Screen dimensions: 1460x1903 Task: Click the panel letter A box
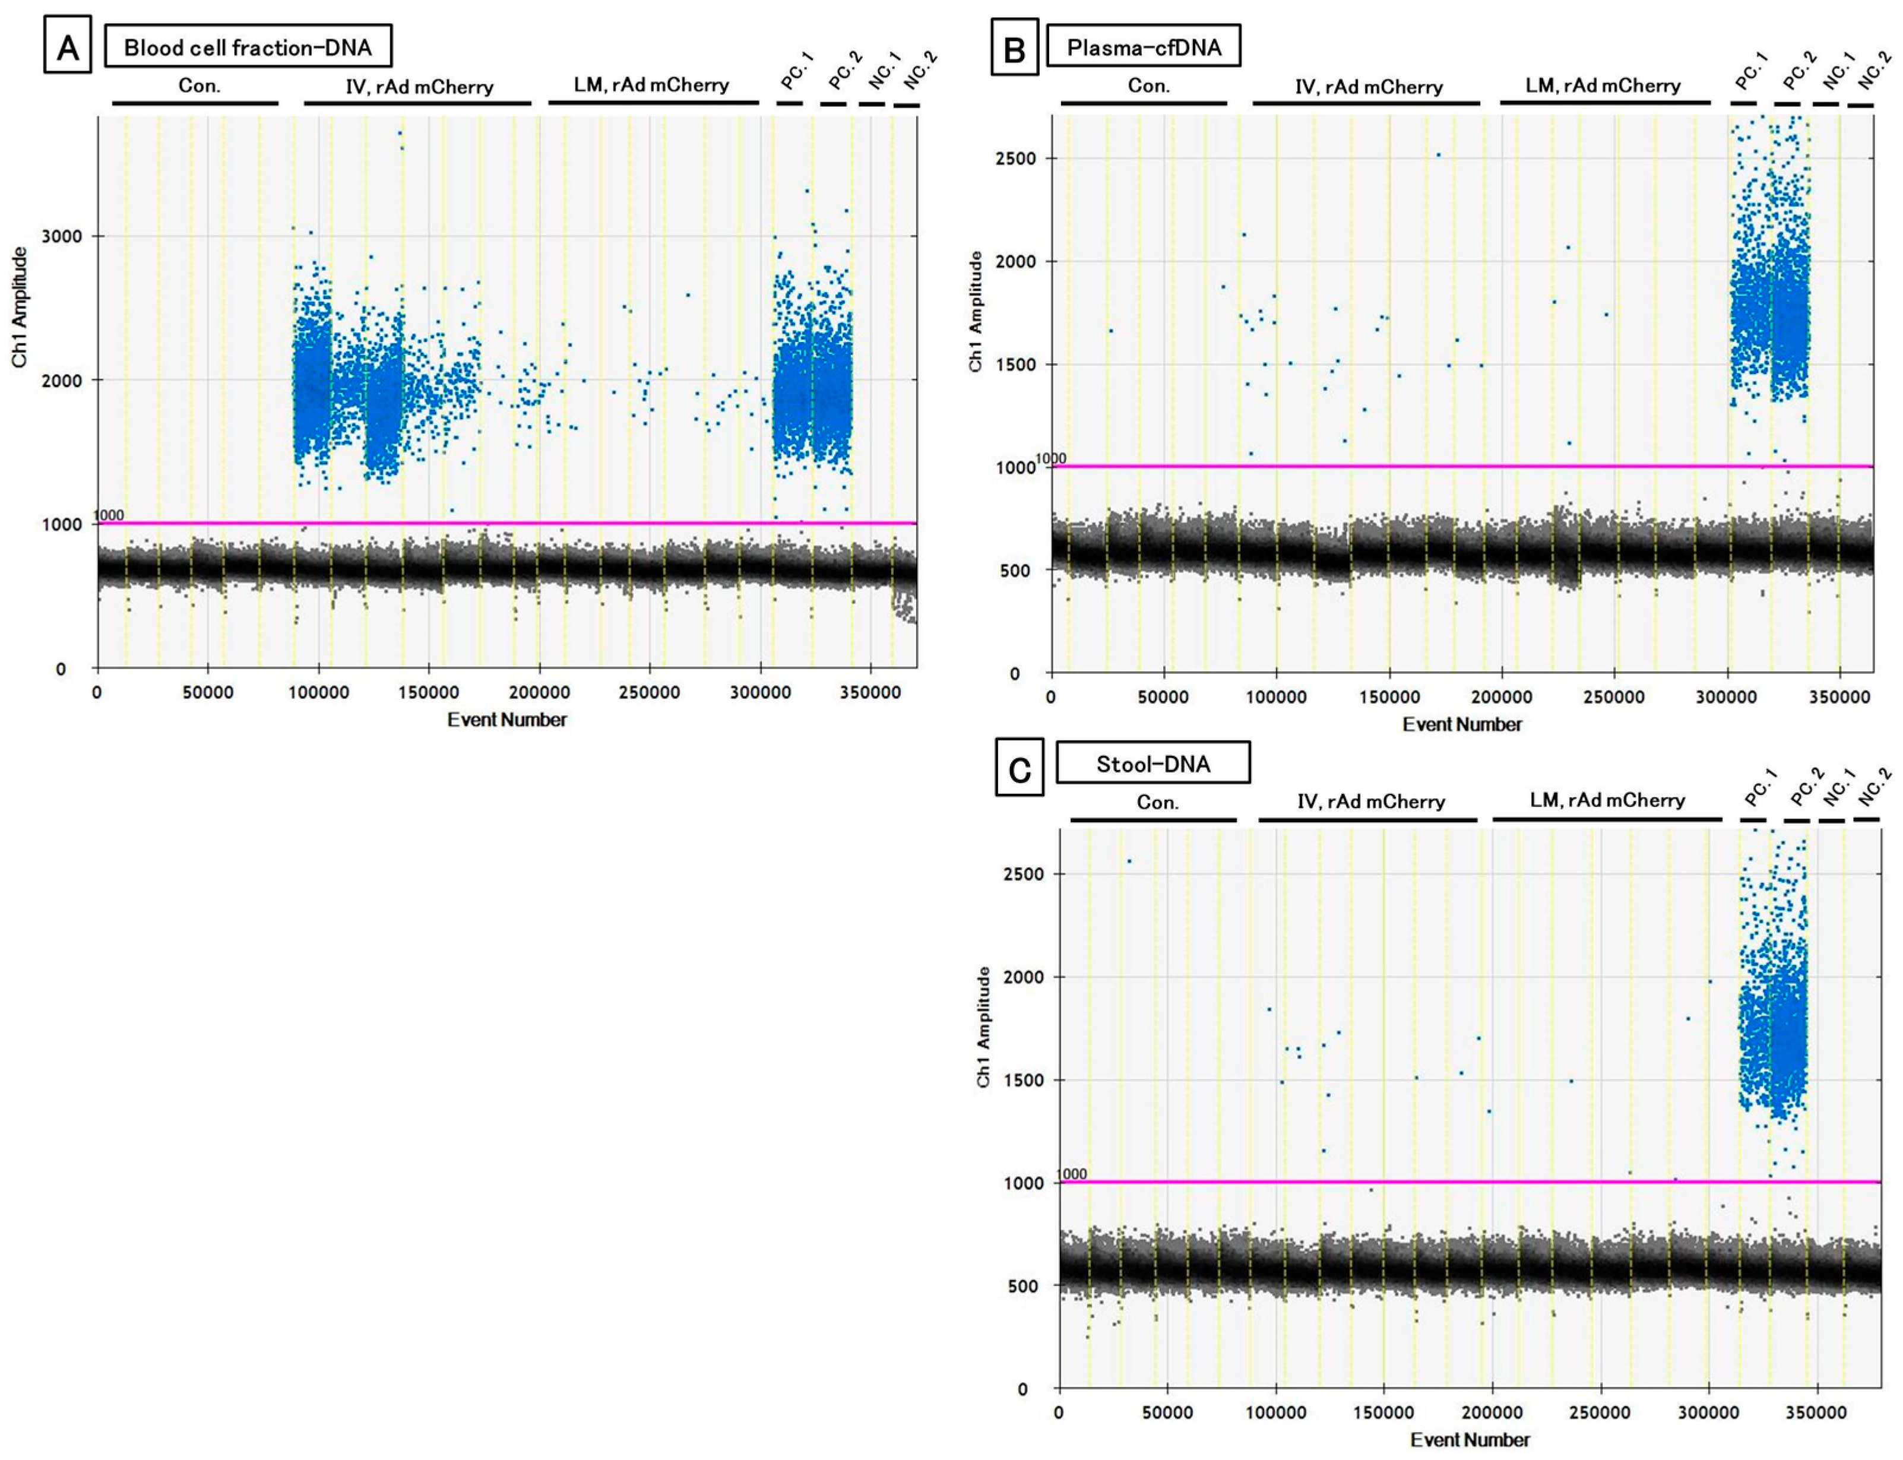coord(67,49)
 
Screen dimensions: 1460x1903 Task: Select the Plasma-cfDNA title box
coord(1144,47)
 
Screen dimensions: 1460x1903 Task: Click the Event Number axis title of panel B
coord(1462,724)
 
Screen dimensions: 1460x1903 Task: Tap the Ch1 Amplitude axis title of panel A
coord(19,307)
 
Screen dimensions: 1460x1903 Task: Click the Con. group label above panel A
coord(199,85)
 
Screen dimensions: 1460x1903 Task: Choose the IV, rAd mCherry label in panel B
coord(1368,87)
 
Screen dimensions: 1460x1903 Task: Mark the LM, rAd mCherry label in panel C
coord(1607,800)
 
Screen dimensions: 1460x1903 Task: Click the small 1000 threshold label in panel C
coord(1071,1174)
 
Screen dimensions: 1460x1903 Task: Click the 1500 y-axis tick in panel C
coord(1025,1080)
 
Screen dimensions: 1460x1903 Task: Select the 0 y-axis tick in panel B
coord(1014,673)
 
